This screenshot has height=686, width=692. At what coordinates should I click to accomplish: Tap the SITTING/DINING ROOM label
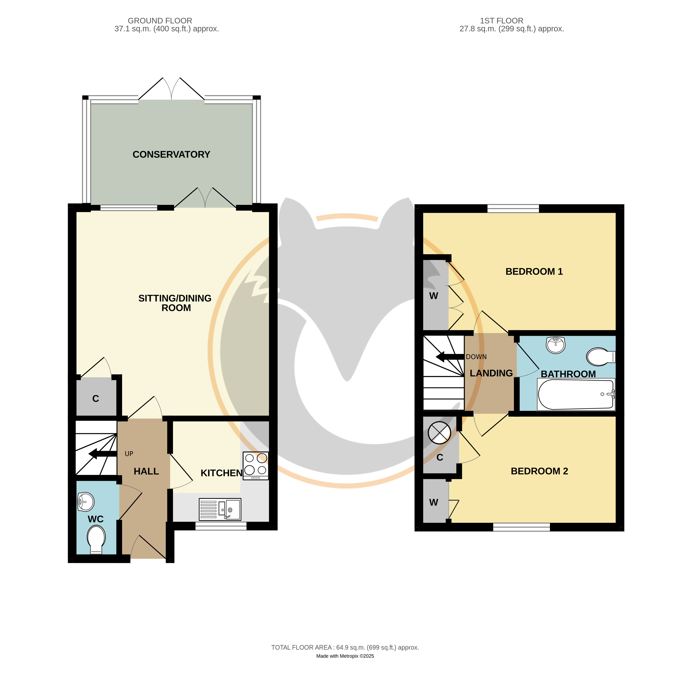(x=175, y=303)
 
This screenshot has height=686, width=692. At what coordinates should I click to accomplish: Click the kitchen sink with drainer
(x=220, y=509)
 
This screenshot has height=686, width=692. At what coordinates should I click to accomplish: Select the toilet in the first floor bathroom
(x=601, y=357)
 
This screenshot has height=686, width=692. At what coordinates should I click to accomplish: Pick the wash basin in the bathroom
(x=556, y=345)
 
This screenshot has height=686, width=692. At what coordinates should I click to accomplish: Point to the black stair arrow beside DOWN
(x=450, y=357)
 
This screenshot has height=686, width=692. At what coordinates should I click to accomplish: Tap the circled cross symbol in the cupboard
(x=439, y=433)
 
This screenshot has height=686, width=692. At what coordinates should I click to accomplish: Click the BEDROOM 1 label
(x=534, y=272)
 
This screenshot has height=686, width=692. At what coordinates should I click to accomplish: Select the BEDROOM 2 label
(x=539, y=471)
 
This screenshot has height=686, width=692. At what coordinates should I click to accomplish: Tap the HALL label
(x=146, y=471)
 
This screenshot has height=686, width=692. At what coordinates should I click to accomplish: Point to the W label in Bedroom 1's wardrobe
(x=433, y=296)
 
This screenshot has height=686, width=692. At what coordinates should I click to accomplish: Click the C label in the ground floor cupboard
(x=96, y=399)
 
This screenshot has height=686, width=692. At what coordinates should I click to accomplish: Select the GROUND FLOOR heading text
(x=160, y=21)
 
